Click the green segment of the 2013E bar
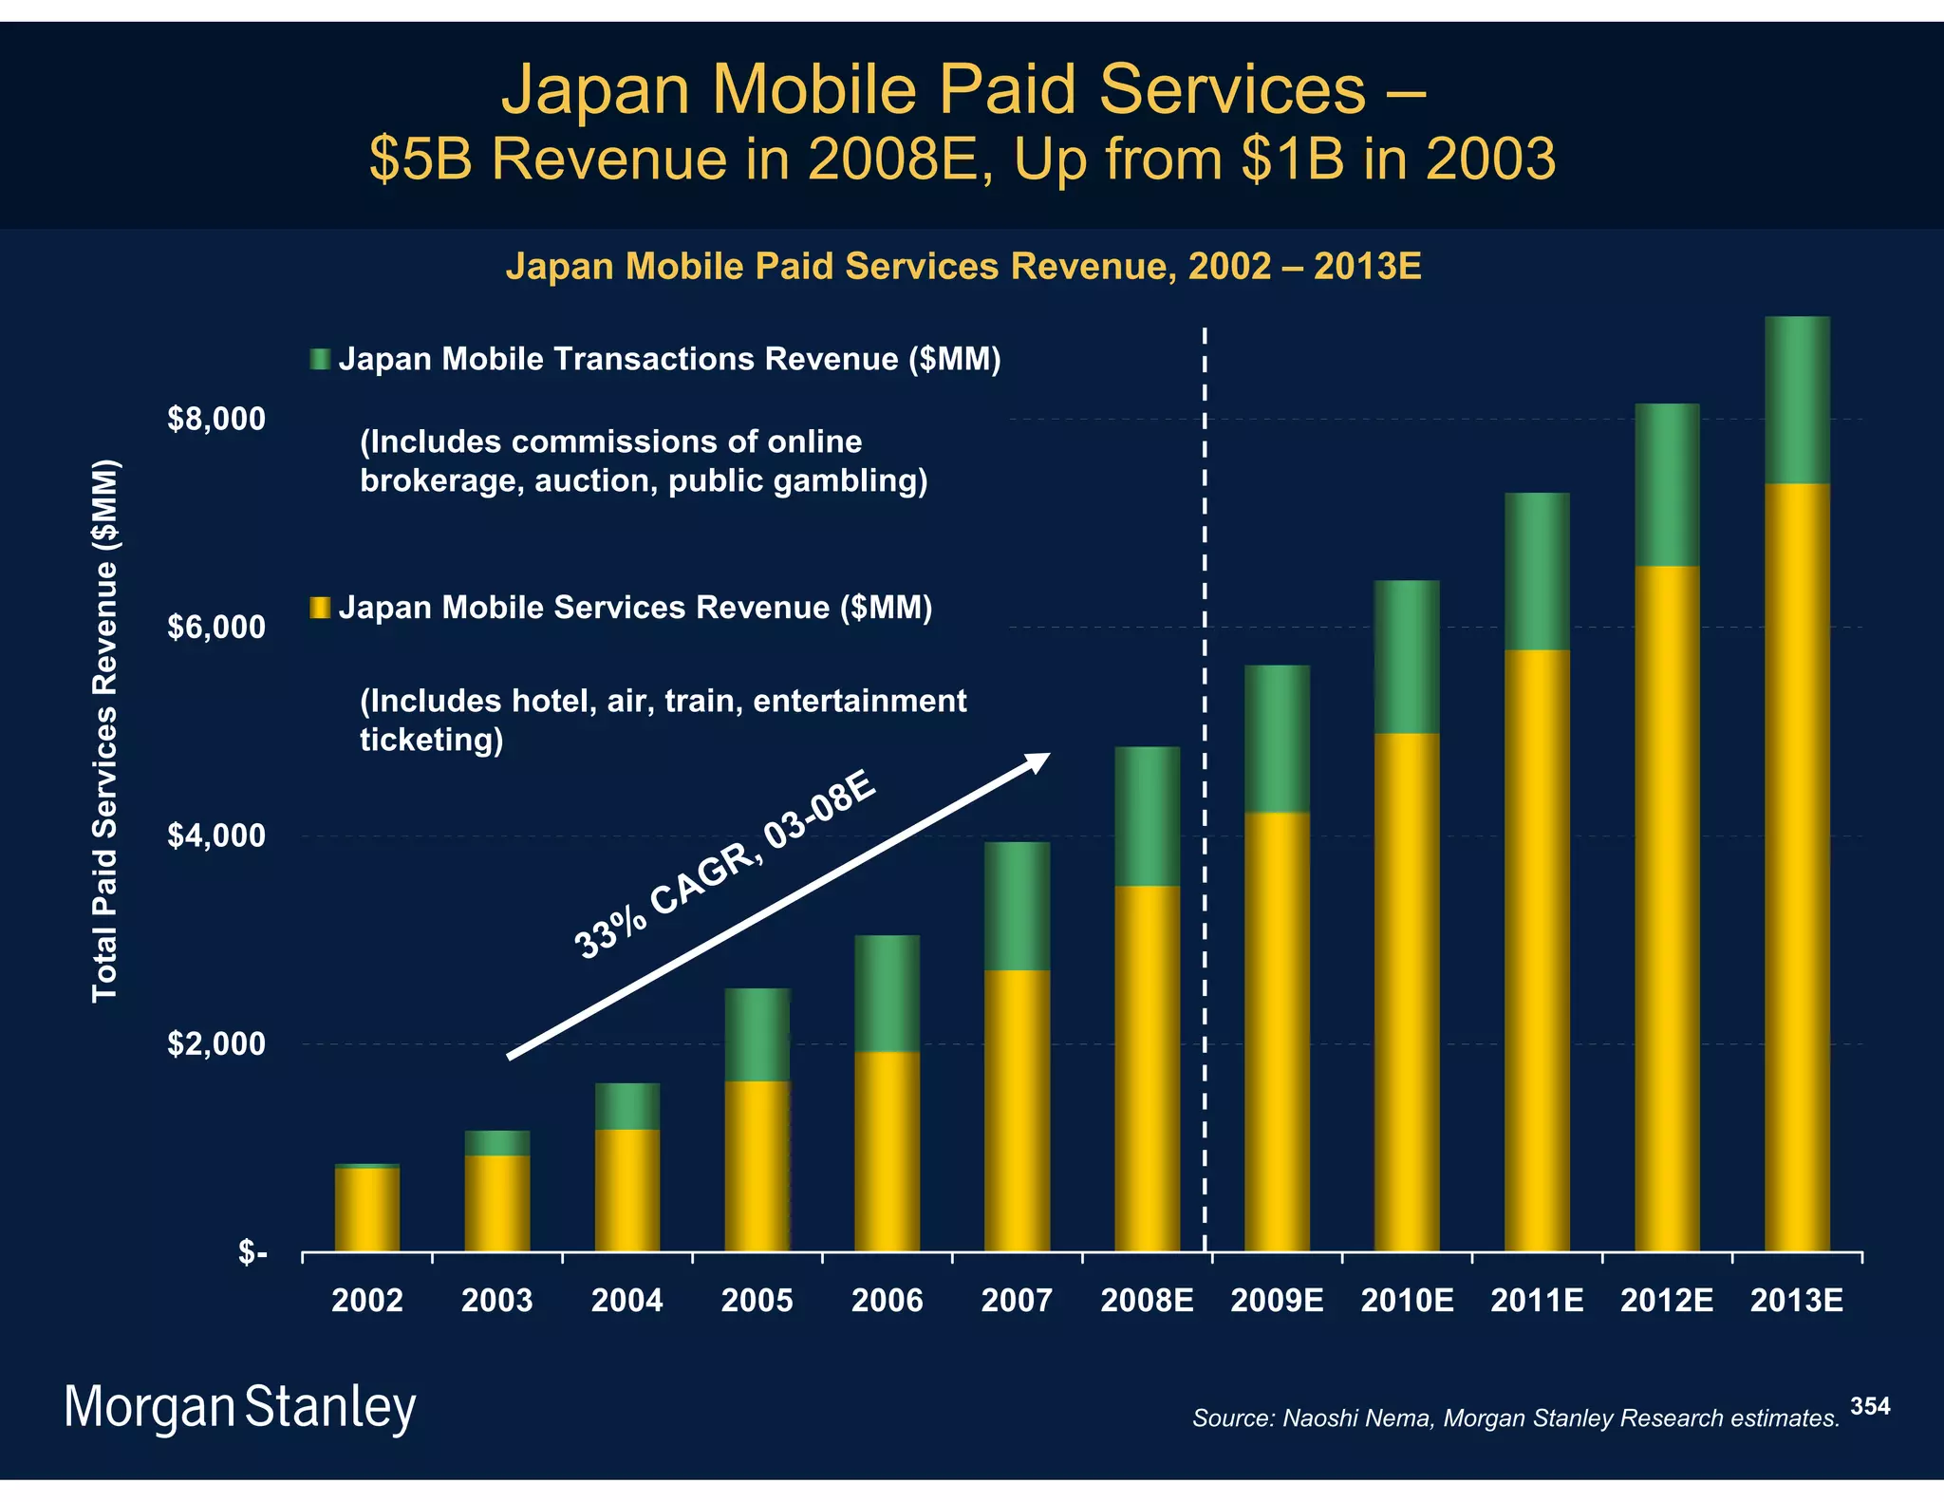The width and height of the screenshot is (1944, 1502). [1796, 400]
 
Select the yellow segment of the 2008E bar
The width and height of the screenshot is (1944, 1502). [1147, 1068]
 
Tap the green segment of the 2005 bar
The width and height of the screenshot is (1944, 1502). [757, 1034]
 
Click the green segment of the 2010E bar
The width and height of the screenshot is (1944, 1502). [1406, 656]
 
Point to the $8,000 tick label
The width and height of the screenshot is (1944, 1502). [216, 419]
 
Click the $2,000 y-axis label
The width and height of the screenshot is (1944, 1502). [216, 1044]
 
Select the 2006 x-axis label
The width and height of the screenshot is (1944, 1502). [887, 1300]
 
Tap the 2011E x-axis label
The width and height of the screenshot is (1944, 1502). [1536, 1300]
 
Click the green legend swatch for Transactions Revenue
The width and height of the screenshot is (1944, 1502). [320, 359]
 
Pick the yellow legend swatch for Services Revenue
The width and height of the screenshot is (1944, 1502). [320, 607]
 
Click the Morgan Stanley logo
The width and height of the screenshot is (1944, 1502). [239, 1407]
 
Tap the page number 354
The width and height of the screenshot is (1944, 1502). [1869, 1406]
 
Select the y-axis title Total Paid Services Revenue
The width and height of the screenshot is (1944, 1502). [104, 730]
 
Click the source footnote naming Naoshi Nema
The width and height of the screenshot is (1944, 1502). [1515, 1418]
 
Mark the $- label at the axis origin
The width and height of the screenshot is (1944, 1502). [252, 1252]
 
